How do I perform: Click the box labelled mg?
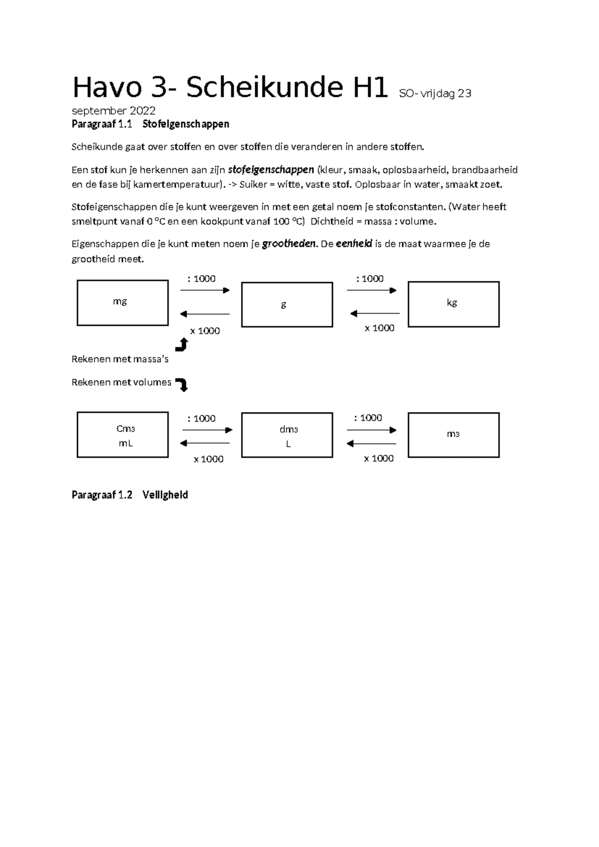[x=122, y=303]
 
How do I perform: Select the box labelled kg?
[x=453, y=304]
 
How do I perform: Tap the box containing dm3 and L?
[x=287, y=435]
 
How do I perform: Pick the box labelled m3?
[x=453, y=435]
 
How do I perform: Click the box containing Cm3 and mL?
[x=122, y=434]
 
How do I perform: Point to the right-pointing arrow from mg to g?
[x=205, y=290]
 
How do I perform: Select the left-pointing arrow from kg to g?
[x=375, y=314]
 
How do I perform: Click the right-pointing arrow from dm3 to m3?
[x=371, y=430]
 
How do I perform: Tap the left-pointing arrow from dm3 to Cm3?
[x=205, y=443]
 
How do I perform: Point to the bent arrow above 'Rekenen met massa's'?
[x=182, y=345]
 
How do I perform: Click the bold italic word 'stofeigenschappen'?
[x=271, y=170]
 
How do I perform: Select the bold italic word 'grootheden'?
[x=289, y=244]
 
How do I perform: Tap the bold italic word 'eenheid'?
[x=354, y=244]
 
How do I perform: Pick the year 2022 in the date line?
[x=143, y=111]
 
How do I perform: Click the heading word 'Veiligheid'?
[x=165, y=495]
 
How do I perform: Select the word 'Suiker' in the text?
[x=253, y=184]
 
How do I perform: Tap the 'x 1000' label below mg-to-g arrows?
[x=205, y=331]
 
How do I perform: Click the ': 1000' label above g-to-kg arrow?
[x=370, y=279]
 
